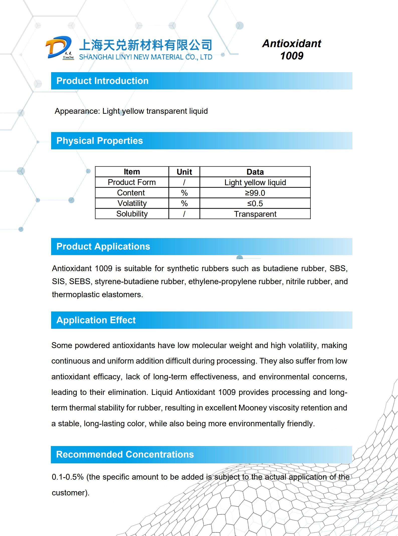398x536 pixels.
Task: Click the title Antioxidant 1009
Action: pyautogui.click(x=291, y=49)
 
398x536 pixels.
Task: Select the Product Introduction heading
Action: pyautogui.click(x=102, y=81)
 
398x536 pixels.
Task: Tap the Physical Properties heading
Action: pyautogui.click(x=100, y=141)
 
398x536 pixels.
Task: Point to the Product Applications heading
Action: pyautogui.click(x=103, y=247)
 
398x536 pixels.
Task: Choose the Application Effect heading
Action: pyautogui.click(x=96, y=320)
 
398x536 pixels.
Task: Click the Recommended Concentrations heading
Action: pyautogui.click(x=125, y=455)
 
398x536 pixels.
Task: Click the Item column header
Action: pyautogui.click(x=132, y=172)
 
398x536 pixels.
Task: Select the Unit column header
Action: pyautogui.click(x=184, y=172)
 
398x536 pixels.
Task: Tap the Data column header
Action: pyautogui.click(x=255, y=172)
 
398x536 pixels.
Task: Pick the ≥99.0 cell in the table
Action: pyautogui.click(x=255, y=193)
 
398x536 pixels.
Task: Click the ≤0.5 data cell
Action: pyautogui.click(x=255, y=203)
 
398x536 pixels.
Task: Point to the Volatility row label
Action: pyautogui.click(x=132, y=203)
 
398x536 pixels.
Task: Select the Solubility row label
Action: pyautogui.click(x=132, y=214)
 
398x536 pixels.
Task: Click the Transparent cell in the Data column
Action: pyautogui.click(x=255, y=214)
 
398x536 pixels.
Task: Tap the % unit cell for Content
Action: pyautogui.click(x=184, y=193)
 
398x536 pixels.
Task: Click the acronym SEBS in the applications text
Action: pyautogui.click(x=79, y=281)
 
